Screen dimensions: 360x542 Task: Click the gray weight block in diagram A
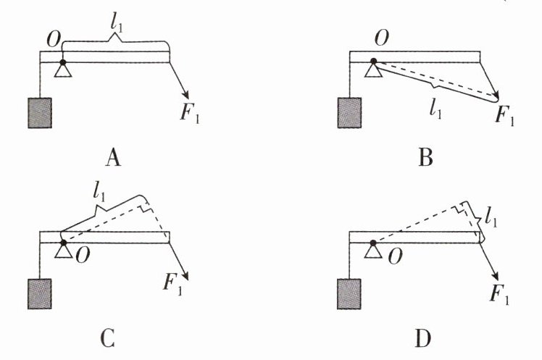click(x=39, y=114)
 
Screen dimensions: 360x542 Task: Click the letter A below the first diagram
click(x=112, y=157)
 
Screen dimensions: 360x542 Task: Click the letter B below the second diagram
click(x=426, y=157)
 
